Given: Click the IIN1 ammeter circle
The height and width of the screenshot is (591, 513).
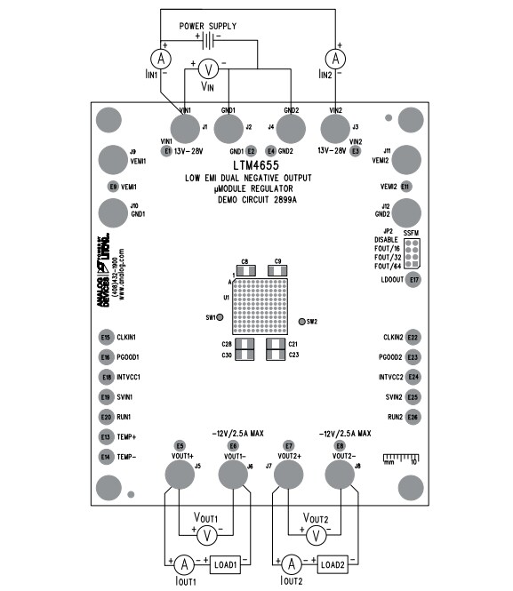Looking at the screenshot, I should [160, 59].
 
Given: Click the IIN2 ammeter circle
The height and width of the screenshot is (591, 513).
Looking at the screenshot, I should [336, 59].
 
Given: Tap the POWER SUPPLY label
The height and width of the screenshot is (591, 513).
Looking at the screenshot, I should [208, 26].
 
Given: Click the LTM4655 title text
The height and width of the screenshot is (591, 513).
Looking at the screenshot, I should [256, 165].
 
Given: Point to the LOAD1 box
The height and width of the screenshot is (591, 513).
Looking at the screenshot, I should [225, 563].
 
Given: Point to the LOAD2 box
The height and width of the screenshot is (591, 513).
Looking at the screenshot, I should [332, 563].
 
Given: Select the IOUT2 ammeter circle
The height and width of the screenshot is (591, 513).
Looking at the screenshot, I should [290, 563].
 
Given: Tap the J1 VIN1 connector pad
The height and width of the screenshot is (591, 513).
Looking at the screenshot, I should [185, 129].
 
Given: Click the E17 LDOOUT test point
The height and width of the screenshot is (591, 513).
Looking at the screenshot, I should [413, 280].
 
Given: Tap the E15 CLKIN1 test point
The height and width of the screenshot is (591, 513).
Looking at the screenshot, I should [106, 338].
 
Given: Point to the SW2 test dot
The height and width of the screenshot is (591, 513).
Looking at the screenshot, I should [301, 321].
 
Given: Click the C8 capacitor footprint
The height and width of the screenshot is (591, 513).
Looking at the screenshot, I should [244, 270].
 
